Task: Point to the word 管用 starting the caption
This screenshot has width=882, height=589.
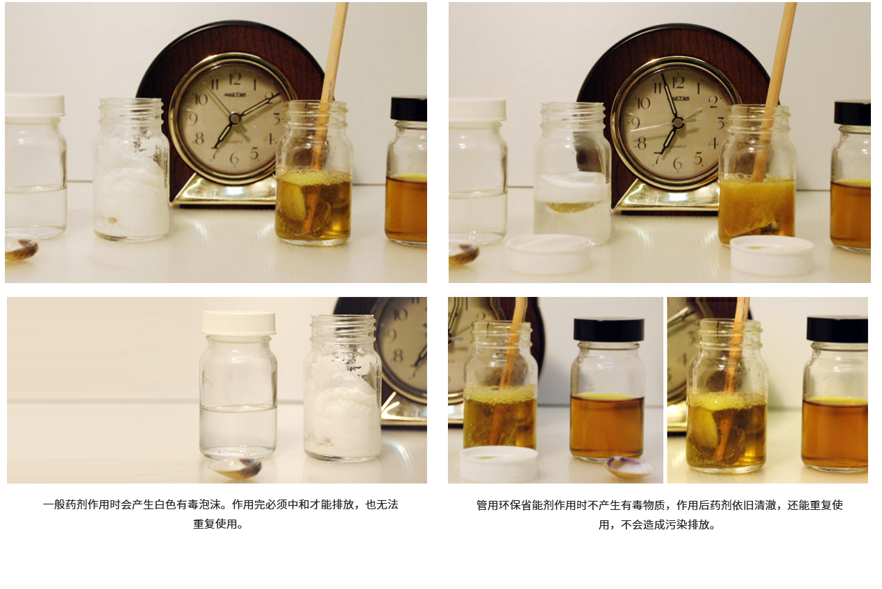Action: click(488, 505)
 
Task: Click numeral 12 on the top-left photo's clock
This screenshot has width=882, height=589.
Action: click(235, 79)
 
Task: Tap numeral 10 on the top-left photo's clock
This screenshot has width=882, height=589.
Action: click(201, 99)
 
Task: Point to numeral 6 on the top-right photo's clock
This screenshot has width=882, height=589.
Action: click(677, 163)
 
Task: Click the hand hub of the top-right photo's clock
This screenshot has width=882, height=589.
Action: click(678, 123)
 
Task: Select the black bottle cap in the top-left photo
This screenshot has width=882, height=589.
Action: click(409, 109)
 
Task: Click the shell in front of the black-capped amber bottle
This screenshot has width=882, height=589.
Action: click(629, 467)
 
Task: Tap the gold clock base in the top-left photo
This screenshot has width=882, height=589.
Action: click(224, 191)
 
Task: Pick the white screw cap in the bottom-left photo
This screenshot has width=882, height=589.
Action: click(239, 323)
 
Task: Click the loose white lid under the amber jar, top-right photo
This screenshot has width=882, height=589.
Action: click(772, 255)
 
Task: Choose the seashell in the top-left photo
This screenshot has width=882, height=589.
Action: click(22, 250)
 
